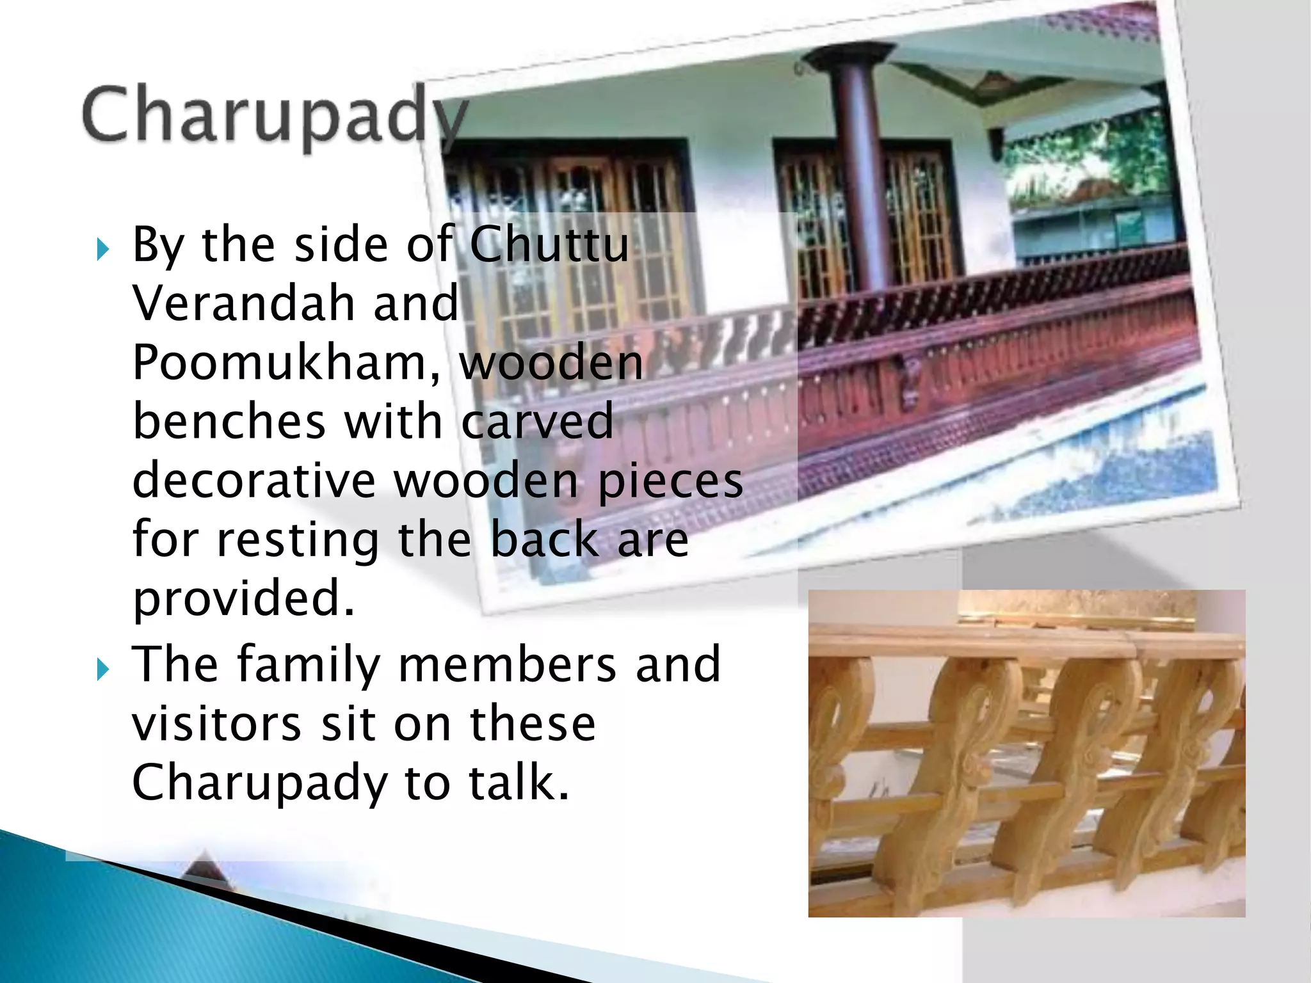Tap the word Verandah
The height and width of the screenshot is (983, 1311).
point(243,303)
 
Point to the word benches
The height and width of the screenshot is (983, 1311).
point(229,421)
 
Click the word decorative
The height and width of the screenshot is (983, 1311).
point(253,480)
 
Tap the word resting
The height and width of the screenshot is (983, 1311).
point(298,539)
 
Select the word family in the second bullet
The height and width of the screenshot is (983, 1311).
point(309,665)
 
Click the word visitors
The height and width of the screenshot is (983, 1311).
point(216,723)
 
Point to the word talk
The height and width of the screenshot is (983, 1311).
point(519,782)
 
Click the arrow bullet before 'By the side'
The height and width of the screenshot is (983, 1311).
point(102,249)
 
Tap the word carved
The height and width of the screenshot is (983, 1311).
point(538,421)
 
